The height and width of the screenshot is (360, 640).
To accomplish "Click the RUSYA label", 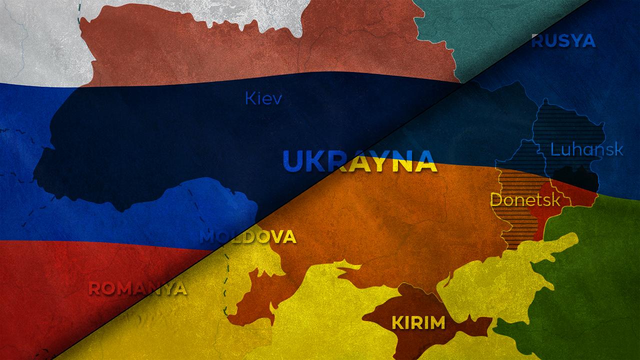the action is (563, 41).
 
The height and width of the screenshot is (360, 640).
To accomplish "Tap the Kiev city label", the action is (263, 98).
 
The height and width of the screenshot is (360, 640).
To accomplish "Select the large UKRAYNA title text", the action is (359, 160).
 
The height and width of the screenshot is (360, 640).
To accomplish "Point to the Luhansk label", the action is (586, 149).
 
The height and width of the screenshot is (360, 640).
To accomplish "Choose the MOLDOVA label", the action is (248, 237).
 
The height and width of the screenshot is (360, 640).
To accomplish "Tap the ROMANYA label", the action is (137, 288).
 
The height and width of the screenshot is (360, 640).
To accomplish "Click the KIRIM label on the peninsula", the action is (418, 323).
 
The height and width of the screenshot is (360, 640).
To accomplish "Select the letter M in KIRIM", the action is (436, 323).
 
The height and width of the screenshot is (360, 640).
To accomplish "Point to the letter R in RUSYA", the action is (537, 41).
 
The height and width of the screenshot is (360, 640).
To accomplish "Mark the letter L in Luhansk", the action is (554, 149).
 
